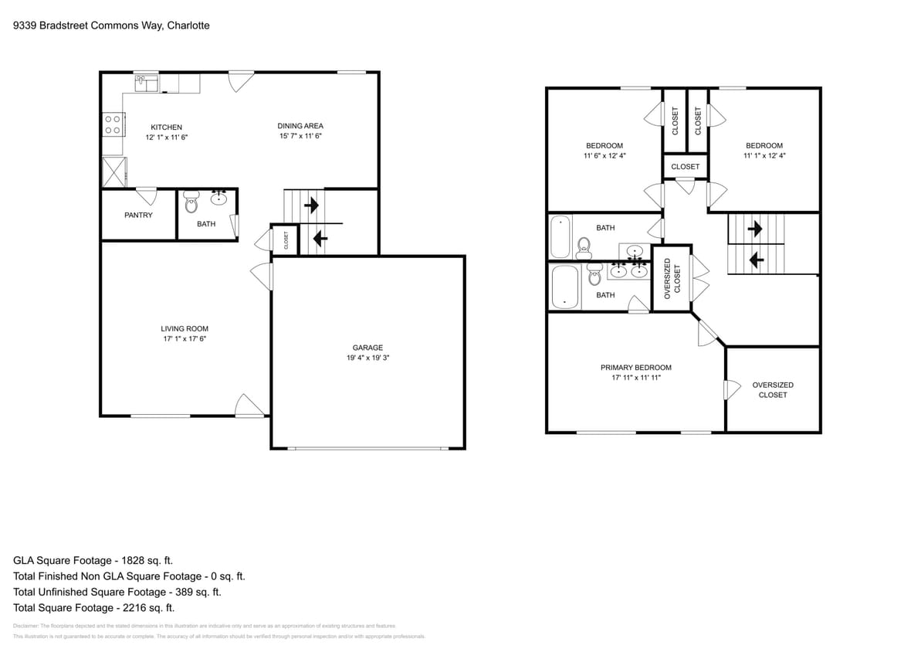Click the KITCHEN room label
coord(166,127)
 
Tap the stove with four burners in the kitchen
coord(112,124)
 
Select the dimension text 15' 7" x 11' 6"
coord(300,137)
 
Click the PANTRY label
coord(138,215)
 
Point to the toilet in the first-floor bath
coord(191,202)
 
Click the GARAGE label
coord(367,348)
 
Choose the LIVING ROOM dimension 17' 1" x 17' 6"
coord(185,338)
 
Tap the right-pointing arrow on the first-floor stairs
coord(313,206)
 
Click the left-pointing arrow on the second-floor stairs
coord(757,261)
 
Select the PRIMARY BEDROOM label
coord(635,368)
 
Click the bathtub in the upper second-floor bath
coord(560,236)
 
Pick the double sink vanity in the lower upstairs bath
coord(628,270)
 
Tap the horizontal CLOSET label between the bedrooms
coord(685,166)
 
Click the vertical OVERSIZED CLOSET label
coord(673,279)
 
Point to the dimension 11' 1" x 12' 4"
coord(764,155)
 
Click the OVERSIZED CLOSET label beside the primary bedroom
coord(772,389)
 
